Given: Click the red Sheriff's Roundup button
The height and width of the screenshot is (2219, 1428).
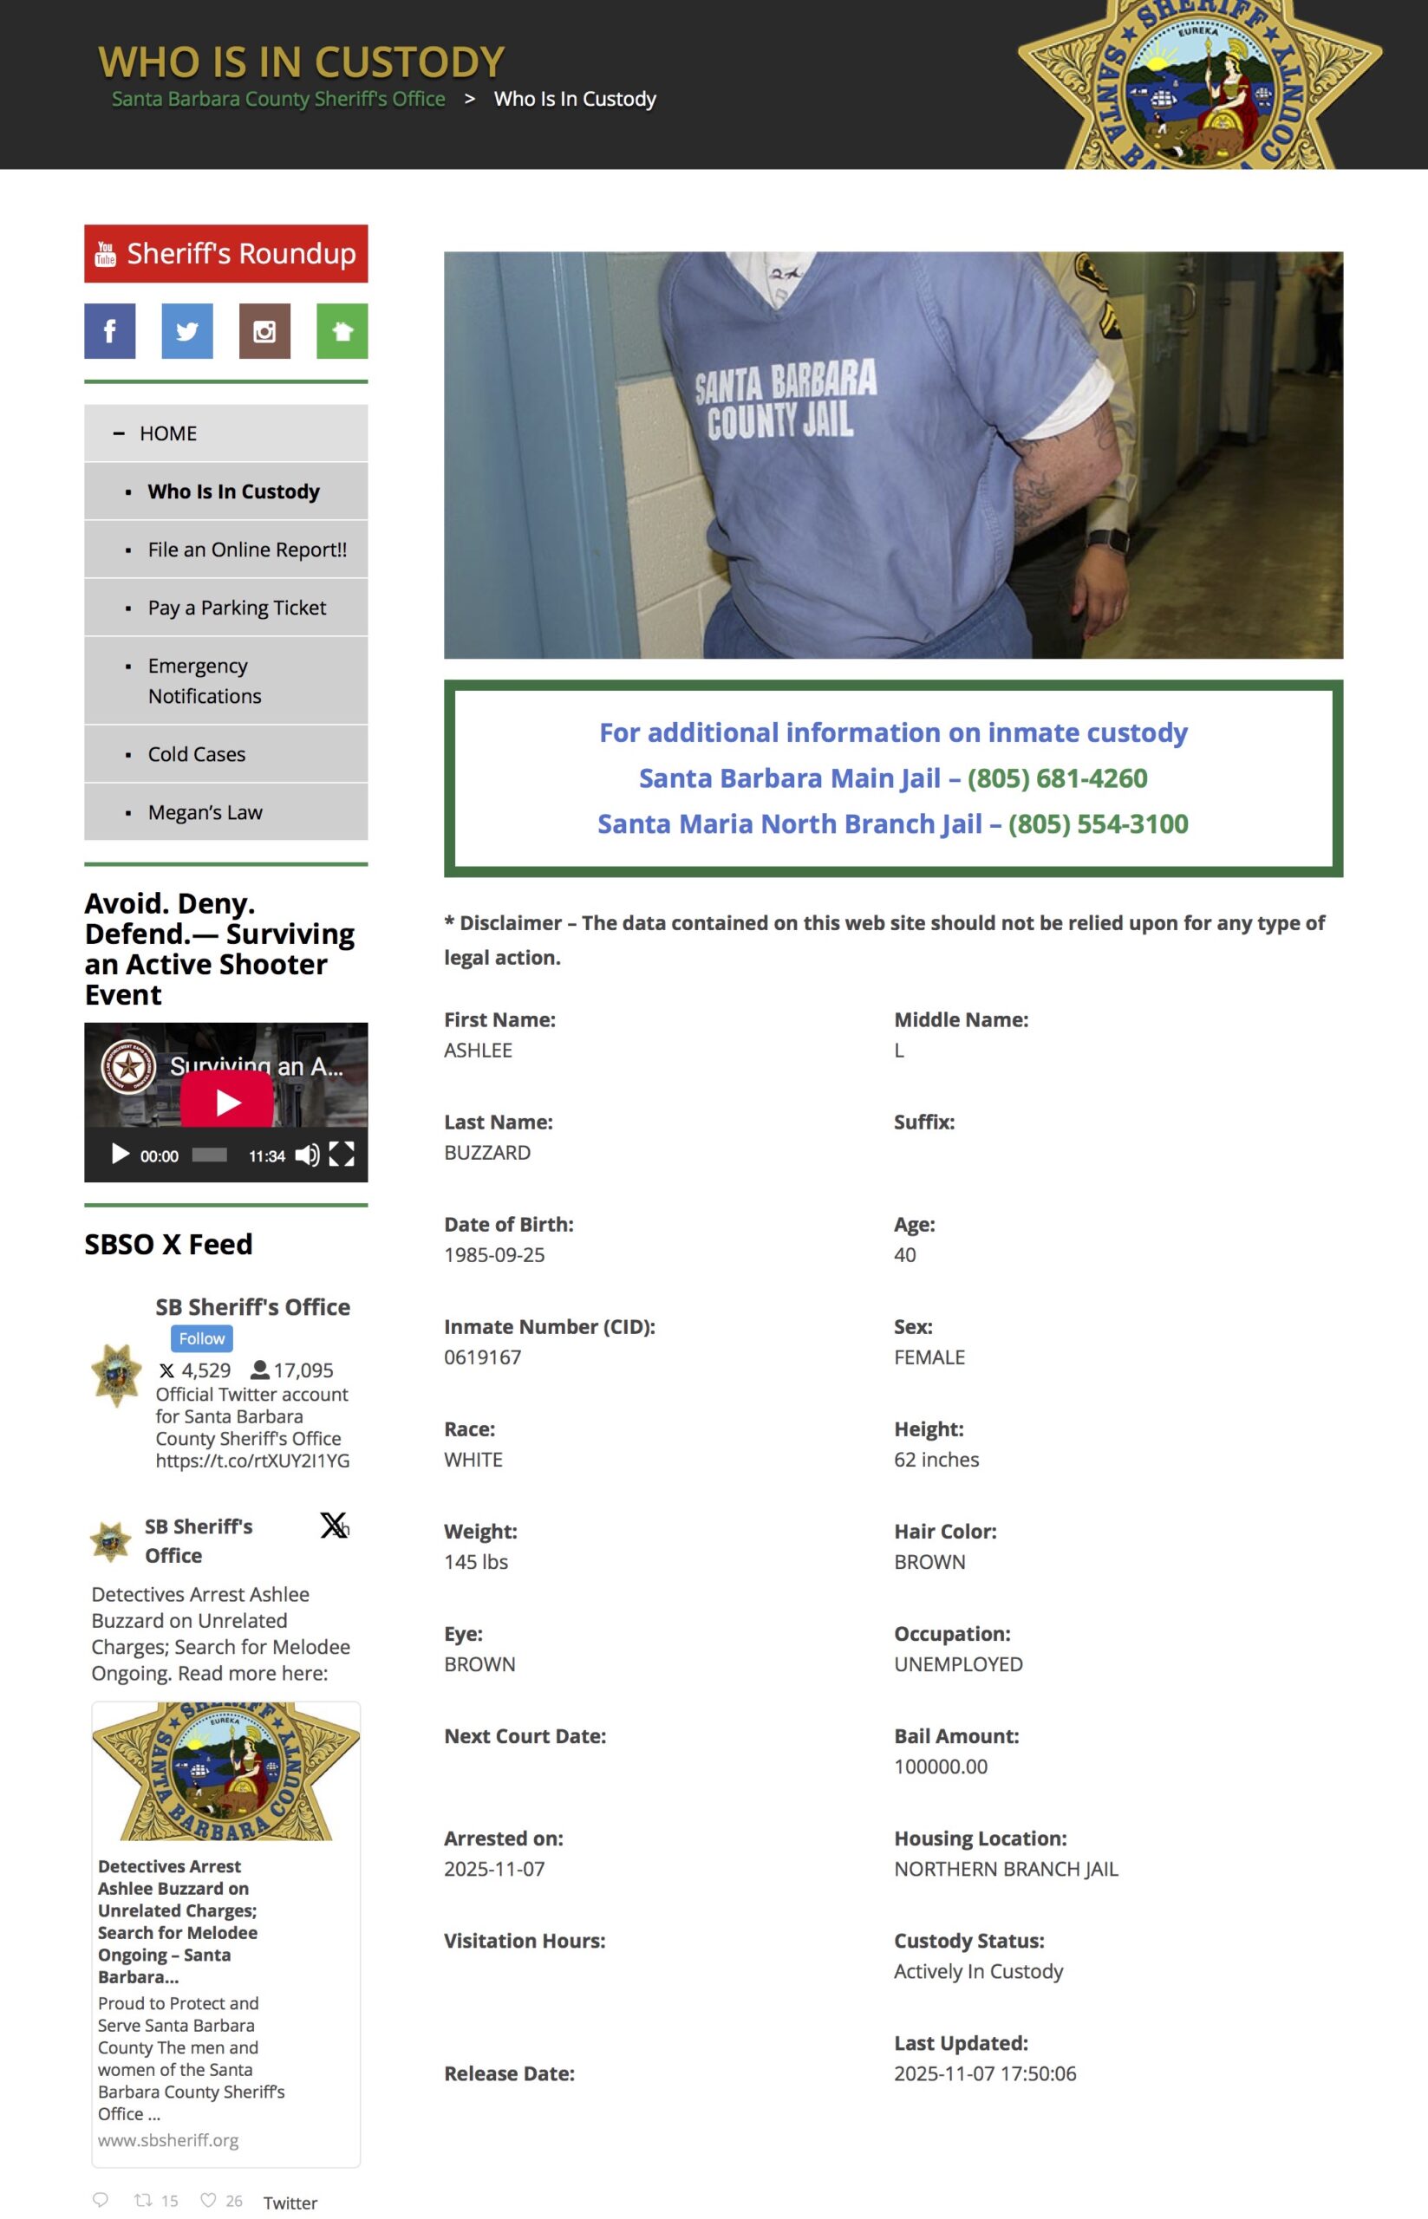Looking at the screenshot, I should pyautogui.click(x=225, y=253).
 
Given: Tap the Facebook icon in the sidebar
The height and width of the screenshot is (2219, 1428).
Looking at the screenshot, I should pyautogui.click(x=109, y=331).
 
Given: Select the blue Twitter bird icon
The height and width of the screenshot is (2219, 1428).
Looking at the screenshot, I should pyautogui.click(x=186, y=331).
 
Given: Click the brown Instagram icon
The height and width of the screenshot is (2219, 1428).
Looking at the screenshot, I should pyautogui.click(x=264, y=331).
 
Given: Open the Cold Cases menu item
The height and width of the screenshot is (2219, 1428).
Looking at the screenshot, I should pyautogui.click(x=197, y=754).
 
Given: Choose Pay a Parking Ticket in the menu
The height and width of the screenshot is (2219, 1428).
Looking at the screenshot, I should pyautogui.click(x=237, y=608).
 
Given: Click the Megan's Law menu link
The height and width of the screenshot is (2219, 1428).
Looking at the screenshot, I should pyautogui.click(x=205, y=813).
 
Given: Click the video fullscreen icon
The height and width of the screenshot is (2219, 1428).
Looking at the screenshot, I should pyautogui.click(x=342, y=1154).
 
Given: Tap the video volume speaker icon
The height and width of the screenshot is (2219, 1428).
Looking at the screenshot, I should pyautogui.click(x=307, y=1155).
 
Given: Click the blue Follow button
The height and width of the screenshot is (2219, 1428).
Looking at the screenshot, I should pyautogui.click(x=201, y=1338).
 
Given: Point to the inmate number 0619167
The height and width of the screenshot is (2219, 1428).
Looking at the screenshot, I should pyautogui.click(x=482, y=1358).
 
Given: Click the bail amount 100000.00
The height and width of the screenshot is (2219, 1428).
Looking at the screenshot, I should pyautogui.click(x=940, y=1767).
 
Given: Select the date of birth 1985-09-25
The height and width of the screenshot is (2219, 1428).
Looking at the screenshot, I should pyautogui.click(x=494, y=1255).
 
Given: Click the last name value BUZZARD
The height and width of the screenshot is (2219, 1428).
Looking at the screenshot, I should pyautogui.click(x=486, y=1153).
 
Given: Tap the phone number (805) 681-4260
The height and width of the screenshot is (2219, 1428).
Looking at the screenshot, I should pyautogui.click(x=1057, y=778).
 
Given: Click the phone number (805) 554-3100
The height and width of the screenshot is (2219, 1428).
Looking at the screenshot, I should pyautogui.click(x=1098, y=824).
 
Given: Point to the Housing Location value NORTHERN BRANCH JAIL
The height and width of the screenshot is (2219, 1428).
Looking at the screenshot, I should pyautogui.click(x=1006, y=1870).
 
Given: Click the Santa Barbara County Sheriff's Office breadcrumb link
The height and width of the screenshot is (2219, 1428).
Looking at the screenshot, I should pyautogui.click(x=278, y=99).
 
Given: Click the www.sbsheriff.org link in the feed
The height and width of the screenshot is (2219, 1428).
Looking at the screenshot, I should pyautogui.click(x=168, y=2140).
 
